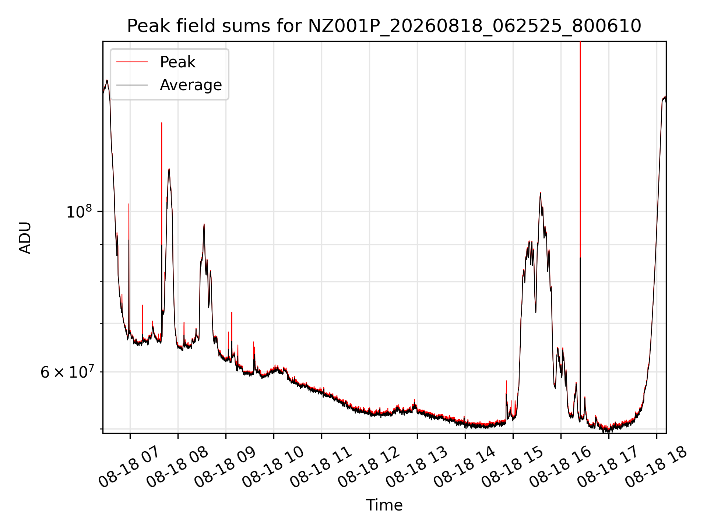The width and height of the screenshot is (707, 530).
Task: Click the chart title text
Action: (384, 26)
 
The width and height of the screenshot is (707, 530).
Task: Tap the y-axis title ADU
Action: (25, 237)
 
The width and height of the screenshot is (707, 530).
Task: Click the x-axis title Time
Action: (384, 505)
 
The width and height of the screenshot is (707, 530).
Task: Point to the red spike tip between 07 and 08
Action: (162, 123)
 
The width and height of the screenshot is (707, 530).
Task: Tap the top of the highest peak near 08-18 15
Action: (540, 192)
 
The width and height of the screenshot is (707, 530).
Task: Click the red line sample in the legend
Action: (132, 62)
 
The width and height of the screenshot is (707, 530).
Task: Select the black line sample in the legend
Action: (132, 85)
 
